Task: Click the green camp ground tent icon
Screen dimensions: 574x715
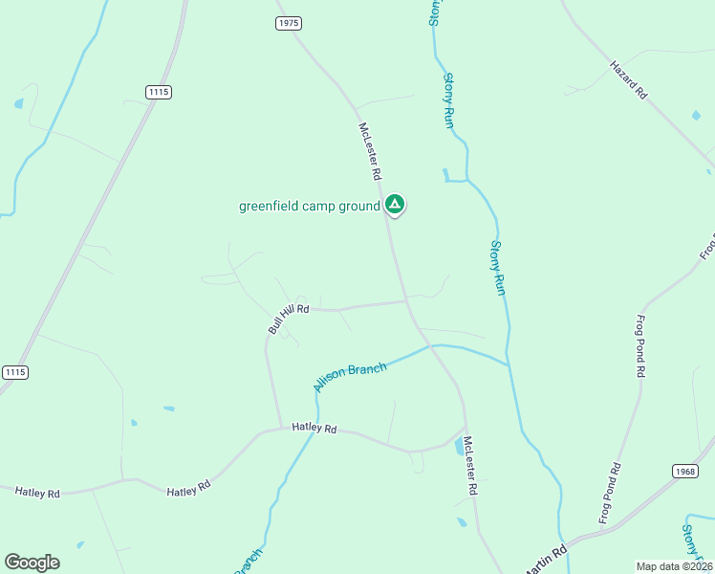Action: coord(395,204)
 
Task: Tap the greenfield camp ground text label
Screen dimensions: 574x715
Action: coord(309,206)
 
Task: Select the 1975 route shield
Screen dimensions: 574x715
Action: coord(289,23)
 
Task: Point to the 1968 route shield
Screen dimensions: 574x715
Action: coord(684,471)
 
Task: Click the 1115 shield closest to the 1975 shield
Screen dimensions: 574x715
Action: coord(160,92)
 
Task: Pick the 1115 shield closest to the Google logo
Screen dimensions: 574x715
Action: coord(14,372)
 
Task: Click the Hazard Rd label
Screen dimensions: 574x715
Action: coord(629,80)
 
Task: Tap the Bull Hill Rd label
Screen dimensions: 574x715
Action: coord(289,318)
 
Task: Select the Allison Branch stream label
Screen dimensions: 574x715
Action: coord(350,377)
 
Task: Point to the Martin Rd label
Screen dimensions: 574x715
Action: coord(548,556)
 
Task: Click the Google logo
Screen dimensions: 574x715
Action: coord(32,563)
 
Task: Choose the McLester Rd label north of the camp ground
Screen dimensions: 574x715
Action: coord(370,151)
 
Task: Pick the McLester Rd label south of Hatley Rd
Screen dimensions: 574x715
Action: coord(469,466)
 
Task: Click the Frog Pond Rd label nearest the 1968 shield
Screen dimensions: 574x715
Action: coord(610,493)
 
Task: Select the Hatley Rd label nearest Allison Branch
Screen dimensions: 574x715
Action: coord(314,430)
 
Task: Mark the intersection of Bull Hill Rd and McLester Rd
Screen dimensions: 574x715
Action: coord(407,302)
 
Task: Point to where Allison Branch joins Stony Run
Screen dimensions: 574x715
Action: coord(508,364)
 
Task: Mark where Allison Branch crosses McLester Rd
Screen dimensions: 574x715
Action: coord(431,346)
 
